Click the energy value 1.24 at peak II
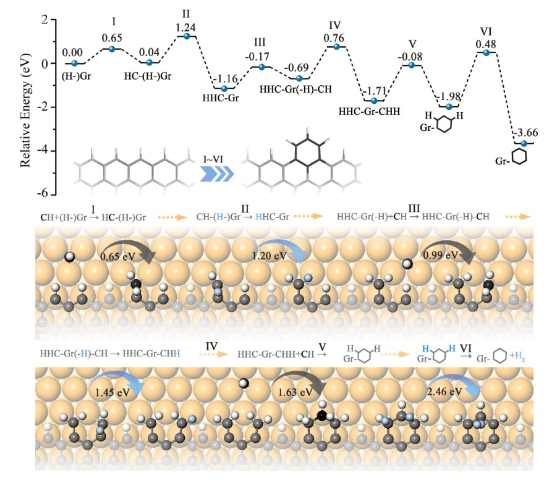click(186, 27)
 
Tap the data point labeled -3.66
click(524, 143)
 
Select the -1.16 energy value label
click(224, 78)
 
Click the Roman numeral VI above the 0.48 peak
click(487, 32)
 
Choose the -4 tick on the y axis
click(44, 151)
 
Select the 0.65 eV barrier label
click(119, 254)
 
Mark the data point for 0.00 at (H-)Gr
click(75, 63)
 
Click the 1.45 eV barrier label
click(111, 391)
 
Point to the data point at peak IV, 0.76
click(336, 47)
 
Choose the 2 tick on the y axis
click(44, 20)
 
